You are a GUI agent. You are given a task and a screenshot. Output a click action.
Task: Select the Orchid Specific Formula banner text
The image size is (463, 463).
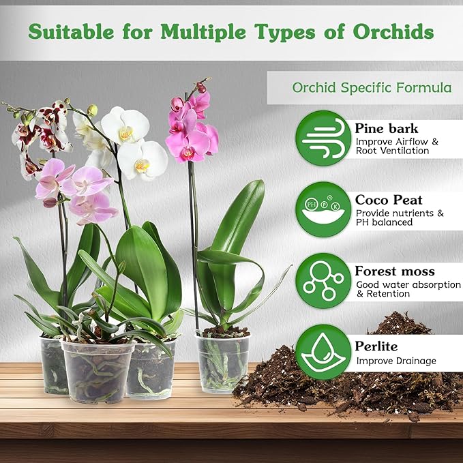372,87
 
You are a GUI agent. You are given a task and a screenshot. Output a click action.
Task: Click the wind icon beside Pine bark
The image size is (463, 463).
323,138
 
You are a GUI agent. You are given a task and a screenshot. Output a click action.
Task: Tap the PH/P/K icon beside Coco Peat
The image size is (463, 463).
323,209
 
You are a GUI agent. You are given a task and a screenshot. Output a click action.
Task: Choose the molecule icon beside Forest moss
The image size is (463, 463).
323,280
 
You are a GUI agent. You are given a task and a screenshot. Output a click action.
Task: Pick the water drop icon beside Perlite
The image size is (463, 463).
323,351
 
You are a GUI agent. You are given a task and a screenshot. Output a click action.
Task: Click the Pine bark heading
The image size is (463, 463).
386,128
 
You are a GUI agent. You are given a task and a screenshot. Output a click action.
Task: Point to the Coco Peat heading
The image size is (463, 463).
389,200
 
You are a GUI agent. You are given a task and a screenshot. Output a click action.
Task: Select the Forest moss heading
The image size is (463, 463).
395,271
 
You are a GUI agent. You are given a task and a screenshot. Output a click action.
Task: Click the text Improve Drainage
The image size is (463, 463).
395,361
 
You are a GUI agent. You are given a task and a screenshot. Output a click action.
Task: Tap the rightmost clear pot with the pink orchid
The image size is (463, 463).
222,361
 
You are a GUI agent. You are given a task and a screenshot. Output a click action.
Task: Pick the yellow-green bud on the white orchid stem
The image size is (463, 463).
93,110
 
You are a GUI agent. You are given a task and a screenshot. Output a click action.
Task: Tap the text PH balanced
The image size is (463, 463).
386,222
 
